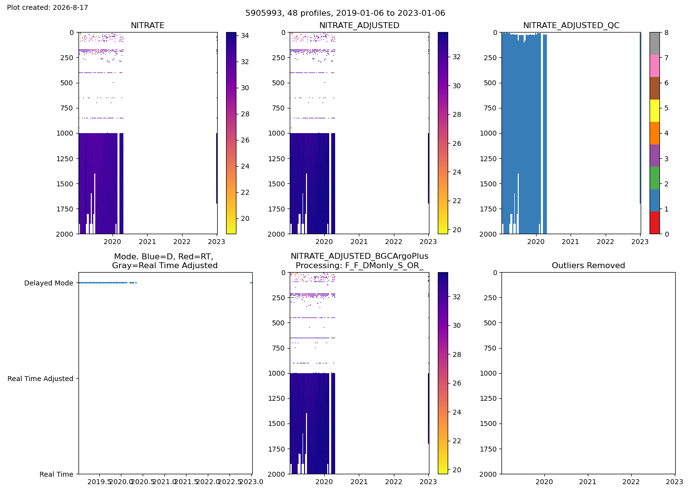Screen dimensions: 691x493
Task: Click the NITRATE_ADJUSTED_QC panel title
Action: [x=571, y=25]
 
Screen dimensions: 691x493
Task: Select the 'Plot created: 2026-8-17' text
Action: [x=47, y=7]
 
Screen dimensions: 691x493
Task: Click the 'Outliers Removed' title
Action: [x=588, y=265]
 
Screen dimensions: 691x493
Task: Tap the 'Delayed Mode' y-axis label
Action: [x=49, y=283]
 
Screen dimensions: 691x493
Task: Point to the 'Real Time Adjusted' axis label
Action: [x=40, y=379]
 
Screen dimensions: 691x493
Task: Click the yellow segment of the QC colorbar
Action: [x=654, y=110]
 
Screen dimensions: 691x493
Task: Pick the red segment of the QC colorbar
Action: [x=654, y=223]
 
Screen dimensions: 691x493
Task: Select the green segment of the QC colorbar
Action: [x=654, y=178]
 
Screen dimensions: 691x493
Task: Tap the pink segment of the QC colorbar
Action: [x=654, y=66]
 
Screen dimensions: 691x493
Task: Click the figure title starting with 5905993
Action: [x=345, y=13]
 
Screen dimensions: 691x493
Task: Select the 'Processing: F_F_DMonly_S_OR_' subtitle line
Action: [x=359, y=265]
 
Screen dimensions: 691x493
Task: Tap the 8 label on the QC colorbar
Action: [x=667, y=33]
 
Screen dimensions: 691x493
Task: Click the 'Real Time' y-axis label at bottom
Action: [x=56, y=474]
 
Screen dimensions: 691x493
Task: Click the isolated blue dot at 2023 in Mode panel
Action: [x=251, y=282]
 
